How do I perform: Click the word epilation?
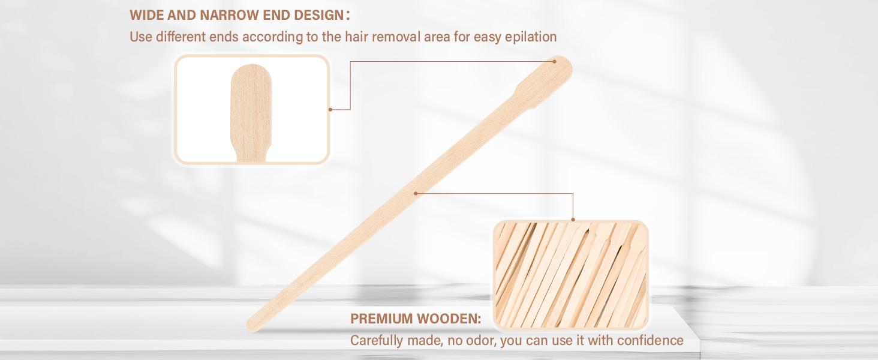pyautogui.click(x=530, y=37)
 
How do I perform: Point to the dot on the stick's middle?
pyautogui.click(x=416, y=193)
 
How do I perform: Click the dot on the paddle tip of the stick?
pyautogui.click(x=555, y=61)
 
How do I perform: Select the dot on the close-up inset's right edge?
pyautogui.click(x=330, y=109)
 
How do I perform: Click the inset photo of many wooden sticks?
pyautogui.click(x=570, y=275)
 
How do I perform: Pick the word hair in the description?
pyautogui.click(x=357, y=37)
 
